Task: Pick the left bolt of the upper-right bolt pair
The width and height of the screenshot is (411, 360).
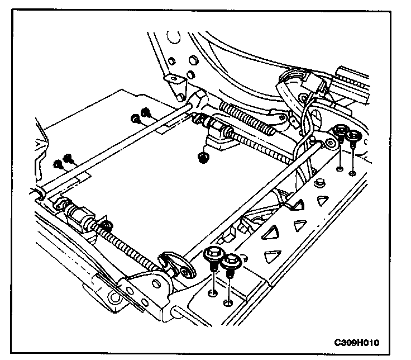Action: (340, 134)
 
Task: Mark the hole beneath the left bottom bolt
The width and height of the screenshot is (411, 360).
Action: (212, 292)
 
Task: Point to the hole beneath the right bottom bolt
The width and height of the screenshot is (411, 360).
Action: (227, 302)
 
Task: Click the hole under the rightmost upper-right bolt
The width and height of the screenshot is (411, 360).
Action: (352, 173)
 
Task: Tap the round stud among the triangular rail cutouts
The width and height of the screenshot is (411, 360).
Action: (320, 183)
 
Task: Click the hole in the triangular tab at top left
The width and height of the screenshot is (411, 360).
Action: (177, 79)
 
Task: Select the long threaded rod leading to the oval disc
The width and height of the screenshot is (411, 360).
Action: (128, 240)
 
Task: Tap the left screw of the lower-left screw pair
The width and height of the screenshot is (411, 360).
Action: (58, 164)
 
